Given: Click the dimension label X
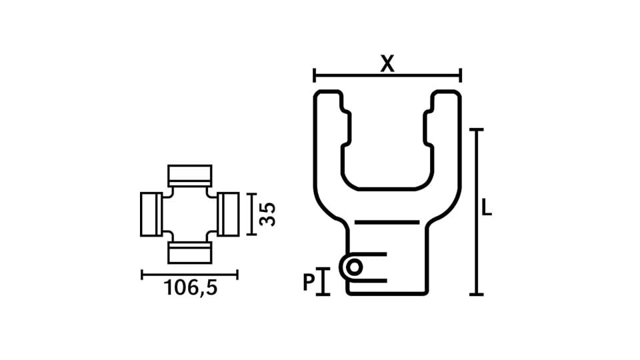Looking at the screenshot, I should pos(387,63).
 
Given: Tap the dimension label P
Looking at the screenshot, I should pos(308,283).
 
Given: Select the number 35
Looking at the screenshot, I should pos(268,214).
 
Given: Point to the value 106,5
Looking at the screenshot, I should pos(191,288).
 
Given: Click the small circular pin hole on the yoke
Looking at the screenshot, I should pos(355,267).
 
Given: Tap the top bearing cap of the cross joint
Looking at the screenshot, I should pos(189,175).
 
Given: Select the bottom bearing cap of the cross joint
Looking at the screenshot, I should pos(189,253).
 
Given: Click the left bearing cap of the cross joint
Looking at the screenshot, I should pos(151,214).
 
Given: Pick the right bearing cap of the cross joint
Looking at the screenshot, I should pos(228,214).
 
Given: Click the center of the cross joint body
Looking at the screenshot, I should pos(189,214).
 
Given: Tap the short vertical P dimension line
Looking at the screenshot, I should pos(323,281).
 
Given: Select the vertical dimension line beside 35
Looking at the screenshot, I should pos(251,214).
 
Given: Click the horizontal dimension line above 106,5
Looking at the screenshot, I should pos(190,273).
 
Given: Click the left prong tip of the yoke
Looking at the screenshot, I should pos(327,93).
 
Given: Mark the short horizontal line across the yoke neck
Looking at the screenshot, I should pos(387,221).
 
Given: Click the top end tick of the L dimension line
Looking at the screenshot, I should pos(476,129).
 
